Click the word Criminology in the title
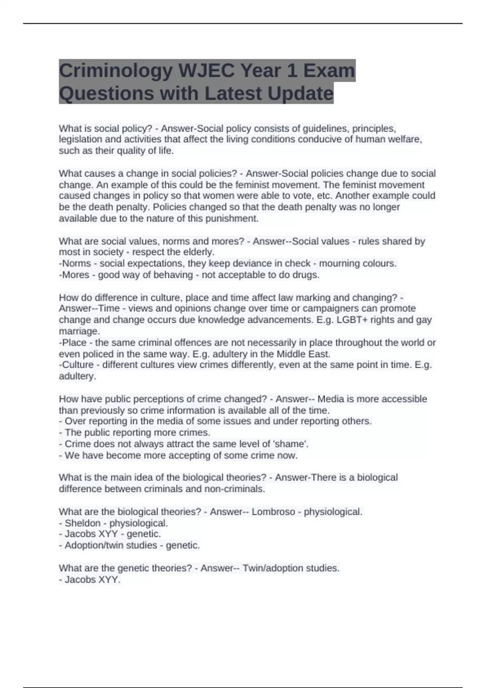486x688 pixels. [x=115, y=71]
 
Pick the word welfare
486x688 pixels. [x=405, y=140]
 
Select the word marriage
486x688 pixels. [x=79, y=331]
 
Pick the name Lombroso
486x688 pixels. [x=273, y=512]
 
